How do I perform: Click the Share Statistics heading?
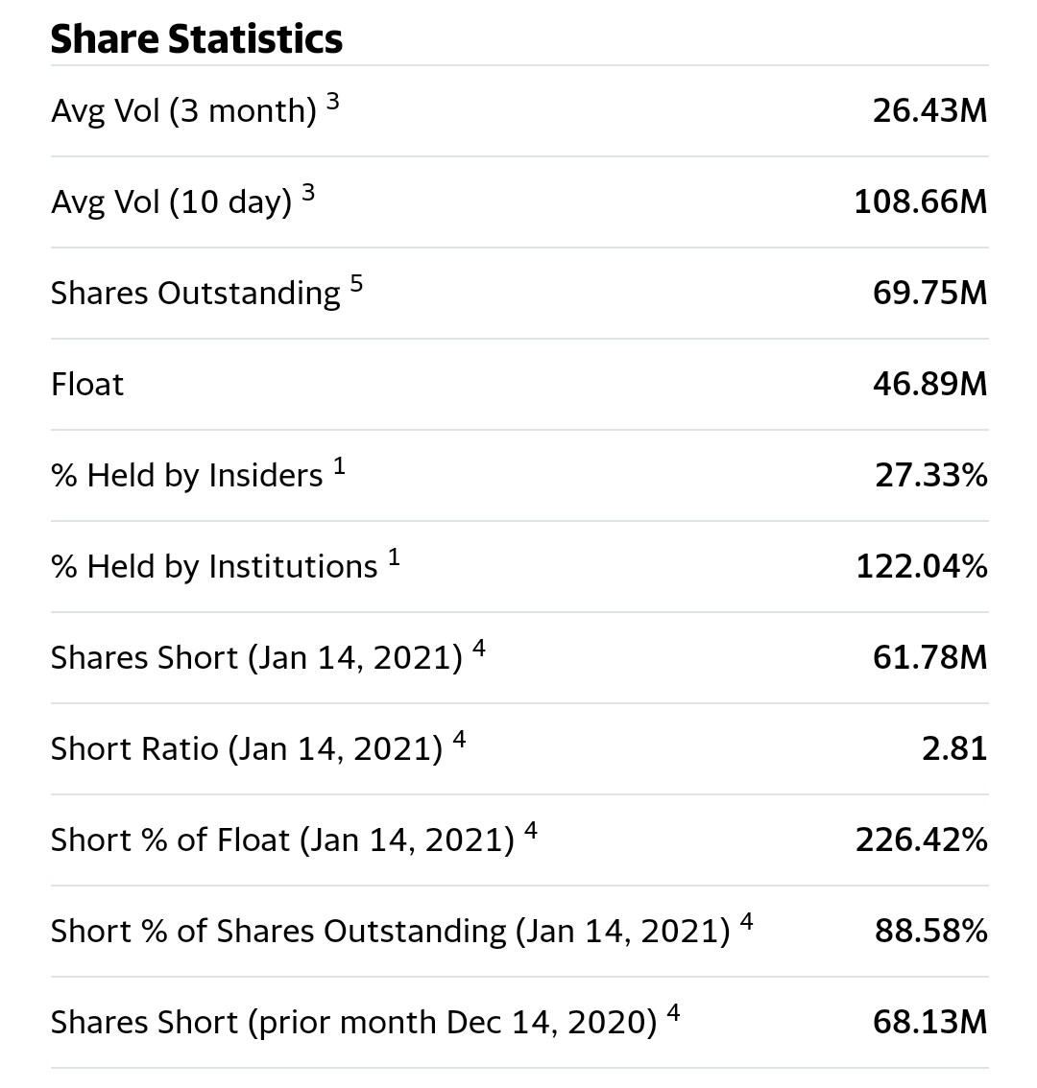point(196,39)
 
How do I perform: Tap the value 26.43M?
point(928,111)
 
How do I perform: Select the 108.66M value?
point(920,202)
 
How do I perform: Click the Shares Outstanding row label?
point(195,294)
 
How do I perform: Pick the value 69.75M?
point(928,294)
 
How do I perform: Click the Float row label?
point(87,385)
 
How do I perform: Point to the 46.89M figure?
point(928,385)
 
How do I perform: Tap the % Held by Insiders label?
point(186,476)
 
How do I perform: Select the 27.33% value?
point(929,476)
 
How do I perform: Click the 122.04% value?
point(921,567)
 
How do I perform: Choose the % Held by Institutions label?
point(213,567)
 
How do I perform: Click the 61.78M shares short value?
point(928,658)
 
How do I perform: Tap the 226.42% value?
point(921,840)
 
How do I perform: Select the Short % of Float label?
point(282,840)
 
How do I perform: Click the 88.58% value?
point(929,932)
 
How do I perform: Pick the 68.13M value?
point(928,1023)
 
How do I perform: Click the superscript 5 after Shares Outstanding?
point(356,284)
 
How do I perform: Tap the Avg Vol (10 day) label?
point(171,202)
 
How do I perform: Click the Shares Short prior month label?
point(353,1023)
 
